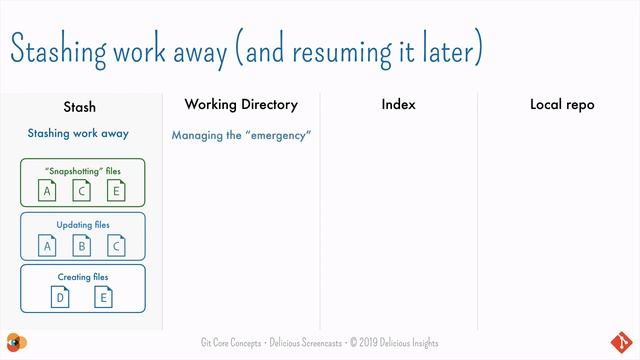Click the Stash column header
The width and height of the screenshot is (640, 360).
pos(79,106)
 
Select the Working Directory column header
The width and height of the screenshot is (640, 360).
pos(241,104)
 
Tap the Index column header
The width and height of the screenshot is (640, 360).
pos(398,104)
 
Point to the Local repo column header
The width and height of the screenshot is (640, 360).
pos(561,104)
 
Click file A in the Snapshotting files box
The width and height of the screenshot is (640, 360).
pos(47,191)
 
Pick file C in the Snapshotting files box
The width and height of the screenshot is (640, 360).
pos(82,191)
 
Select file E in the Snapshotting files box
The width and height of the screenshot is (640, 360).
pos(116,191)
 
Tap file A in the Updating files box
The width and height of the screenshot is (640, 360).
pos(47,245)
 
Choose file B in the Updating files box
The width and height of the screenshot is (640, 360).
pos(82,245)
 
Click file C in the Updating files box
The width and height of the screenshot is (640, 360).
pos(116,245)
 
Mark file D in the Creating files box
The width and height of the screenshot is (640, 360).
pos(61,297)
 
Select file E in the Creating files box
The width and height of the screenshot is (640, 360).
pos(103,297)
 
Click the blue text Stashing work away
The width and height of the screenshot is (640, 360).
pos(78,133)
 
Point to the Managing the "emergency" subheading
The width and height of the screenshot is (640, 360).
pos(241,134)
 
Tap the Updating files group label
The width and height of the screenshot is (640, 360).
pos(83,225)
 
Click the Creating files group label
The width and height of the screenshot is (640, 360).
pos(83,277)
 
